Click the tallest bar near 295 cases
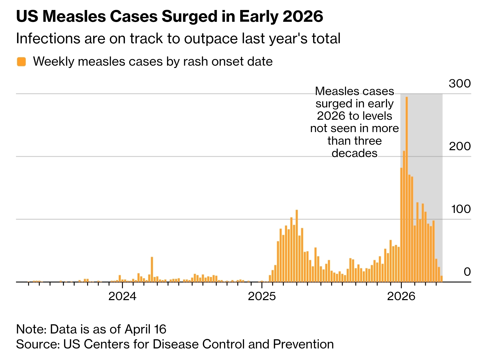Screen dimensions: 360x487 coord(407,189)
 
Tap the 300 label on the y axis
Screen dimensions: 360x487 coord(460,84)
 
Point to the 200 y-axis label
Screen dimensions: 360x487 coord(460,146)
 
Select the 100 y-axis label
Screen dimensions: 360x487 coord(461,209)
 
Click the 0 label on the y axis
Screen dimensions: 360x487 coord(467,272)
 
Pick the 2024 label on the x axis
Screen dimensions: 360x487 coord(122,296)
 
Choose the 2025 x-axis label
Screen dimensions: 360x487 coord(262,296)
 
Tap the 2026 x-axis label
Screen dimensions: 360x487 coord(401,296)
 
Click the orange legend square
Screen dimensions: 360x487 coord(21,62)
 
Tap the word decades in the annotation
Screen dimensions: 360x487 coord(354,153)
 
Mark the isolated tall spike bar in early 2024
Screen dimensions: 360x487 coord(152,269)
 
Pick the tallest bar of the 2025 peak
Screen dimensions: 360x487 coord(297,246)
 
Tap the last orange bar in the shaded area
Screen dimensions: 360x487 coord(442,279)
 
